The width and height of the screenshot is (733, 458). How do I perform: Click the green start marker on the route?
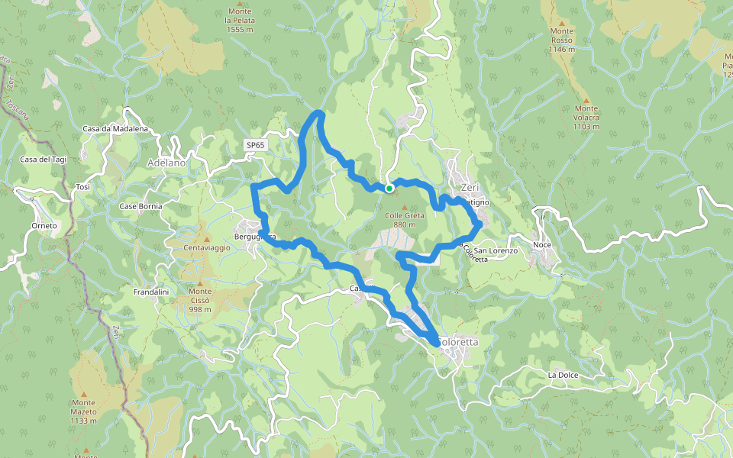click(x=389, y=188)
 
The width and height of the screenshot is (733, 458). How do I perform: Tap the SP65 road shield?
click(x=255, y=145)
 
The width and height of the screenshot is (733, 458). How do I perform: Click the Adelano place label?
click(x=166, y=163)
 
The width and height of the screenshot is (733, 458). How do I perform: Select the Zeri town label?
click(x=468, y=188)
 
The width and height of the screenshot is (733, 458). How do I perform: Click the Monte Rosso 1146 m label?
click(x=561, y=40)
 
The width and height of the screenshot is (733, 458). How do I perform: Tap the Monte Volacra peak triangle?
click(x=586, y=100)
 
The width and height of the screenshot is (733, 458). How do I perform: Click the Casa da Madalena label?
click(x=115, y=129)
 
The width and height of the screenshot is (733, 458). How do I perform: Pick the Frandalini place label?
click(x=150, y=292)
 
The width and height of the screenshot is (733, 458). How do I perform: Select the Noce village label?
click(x=542, y=244)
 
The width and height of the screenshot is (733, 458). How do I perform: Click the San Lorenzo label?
click(x=496, y=250)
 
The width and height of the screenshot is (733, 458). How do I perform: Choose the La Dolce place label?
click(x=563, y=376)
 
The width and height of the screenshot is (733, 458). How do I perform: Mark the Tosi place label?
click(x=83, y=187)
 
